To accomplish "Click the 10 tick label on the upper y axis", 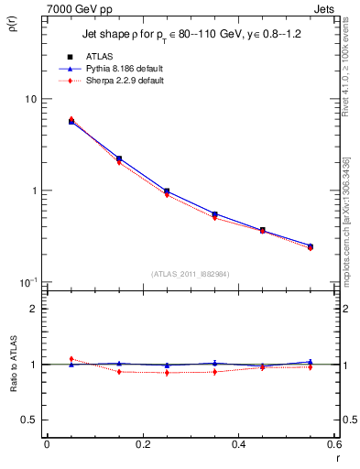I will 29,99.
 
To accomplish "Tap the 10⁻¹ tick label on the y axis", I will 27,281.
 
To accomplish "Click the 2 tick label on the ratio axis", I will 34,310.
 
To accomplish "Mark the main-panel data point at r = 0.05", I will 71,121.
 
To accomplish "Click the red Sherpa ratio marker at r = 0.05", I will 71,359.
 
